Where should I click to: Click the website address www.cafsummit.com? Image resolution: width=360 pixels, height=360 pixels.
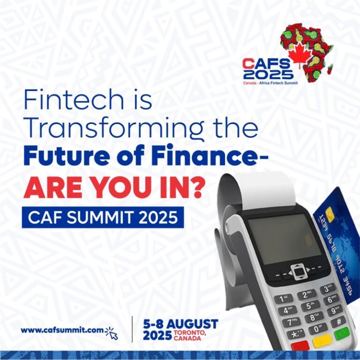click(x=62, y=330)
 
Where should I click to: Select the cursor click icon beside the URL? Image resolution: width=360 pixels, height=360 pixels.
click(x=112, y=332)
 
